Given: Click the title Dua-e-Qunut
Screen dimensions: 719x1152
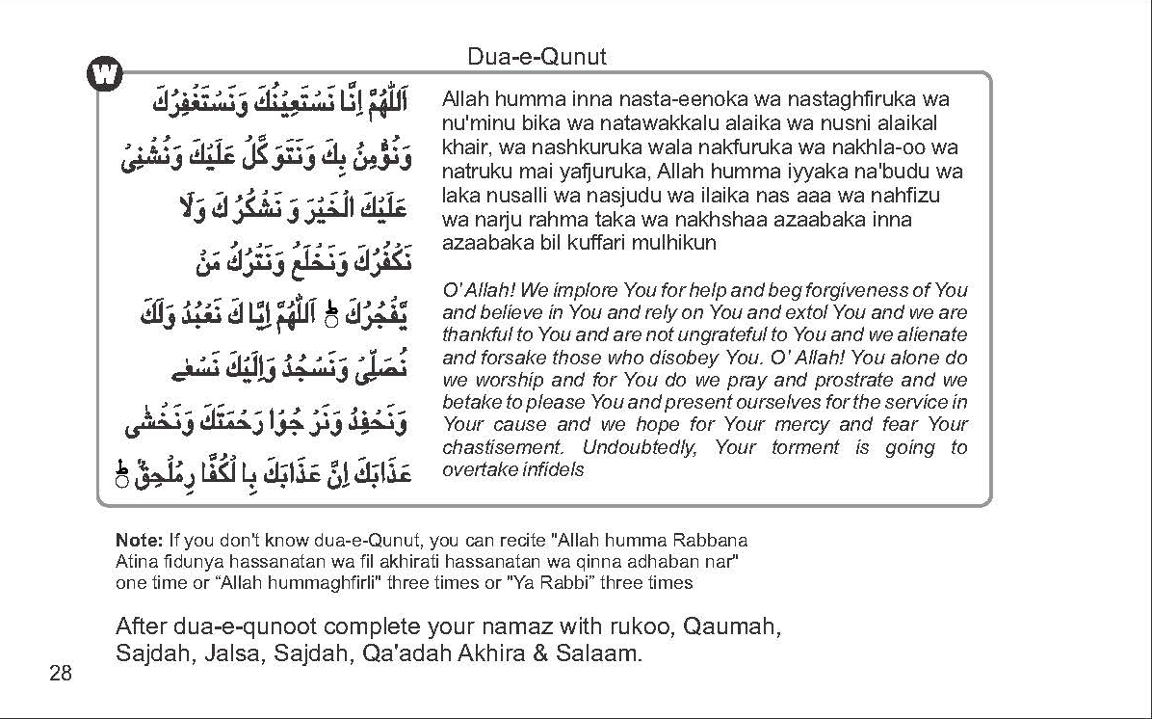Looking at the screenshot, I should point(537,57).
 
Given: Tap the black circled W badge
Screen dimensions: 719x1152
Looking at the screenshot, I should point(105,74).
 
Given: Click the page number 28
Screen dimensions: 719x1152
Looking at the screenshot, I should point(60,673).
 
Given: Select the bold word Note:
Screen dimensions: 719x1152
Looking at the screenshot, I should point(139,540).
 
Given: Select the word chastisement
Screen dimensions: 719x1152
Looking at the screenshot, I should point(501,447).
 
